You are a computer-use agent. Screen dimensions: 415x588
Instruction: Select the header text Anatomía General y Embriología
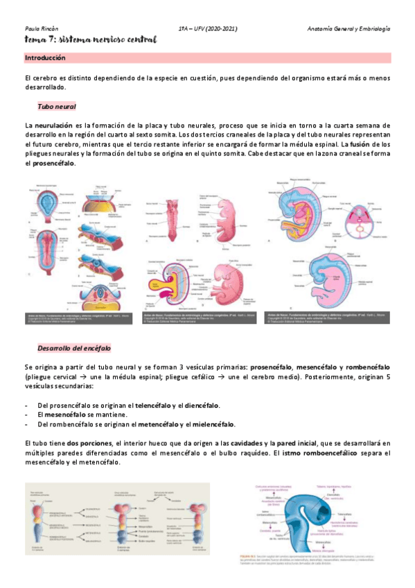point(348,29)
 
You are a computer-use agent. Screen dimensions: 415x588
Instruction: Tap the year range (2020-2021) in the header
point(223,29)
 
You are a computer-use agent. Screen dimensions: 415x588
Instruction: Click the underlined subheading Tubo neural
point(57,106)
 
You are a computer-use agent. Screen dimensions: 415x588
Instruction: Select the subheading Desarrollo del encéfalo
point(74,347)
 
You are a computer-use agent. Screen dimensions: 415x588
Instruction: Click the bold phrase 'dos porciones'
point(90,442)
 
